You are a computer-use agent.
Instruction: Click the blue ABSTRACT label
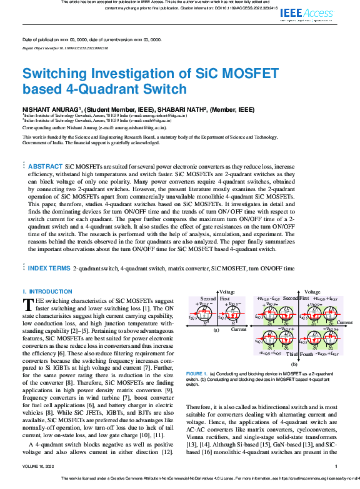tap(45, 167)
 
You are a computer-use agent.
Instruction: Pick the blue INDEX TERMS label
tap(49, 268)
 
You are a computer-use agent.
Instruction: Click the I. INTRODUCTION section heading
tap(47, 292)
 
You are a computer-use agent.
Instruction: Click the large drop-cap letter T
tap(28, 305)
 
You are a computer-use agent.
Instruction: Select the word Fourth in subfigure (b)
tap(307, 354)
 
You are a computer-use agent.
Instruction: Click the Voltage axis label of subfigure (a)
tap(227, 292)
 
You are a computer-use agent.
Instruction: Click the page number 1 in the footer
tap(336, 467)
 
